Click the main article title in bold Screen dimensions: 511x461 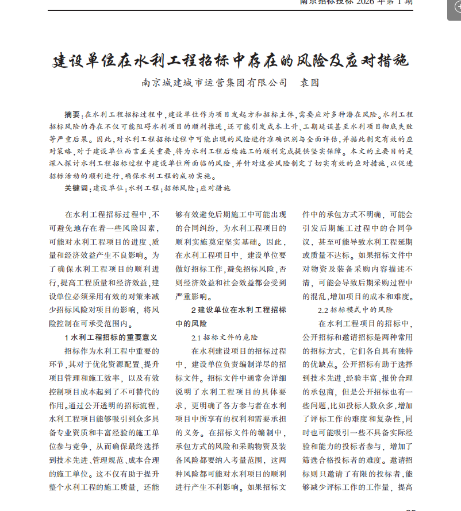pos(230,60)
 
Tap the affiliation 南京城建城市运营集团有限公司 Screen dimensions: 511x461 pos(214,83)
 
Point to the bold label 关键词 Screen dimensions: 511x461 pos(76,188)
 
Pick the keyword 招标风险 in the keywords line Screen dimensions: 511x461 pos(179,188)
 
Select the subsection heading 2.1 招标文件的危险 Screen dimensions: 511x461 pos(225,337)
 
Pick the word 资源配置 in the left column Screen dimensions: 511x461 pos(126,365)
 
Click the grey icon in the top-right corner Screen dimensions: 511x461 pos(454,7)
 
